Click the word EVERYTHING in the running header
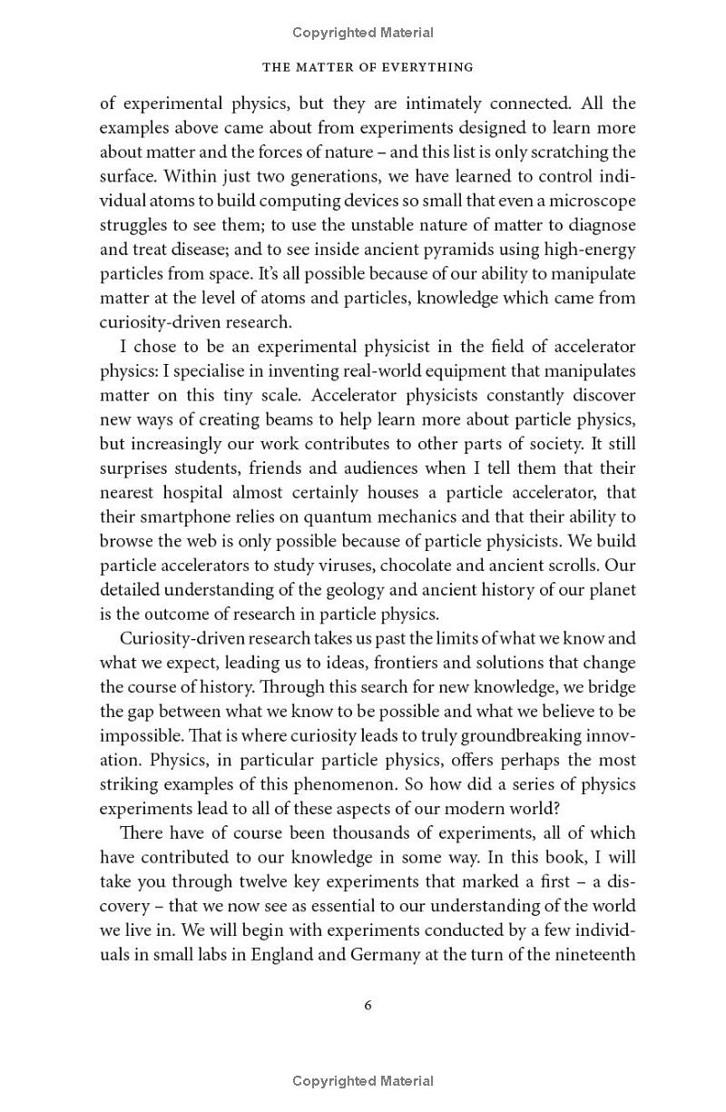coord(422,67)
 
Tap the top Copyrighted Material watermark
coord(363,33)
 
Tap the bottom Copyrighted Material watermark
coord(363,1081)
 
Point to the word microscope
coord(590,200)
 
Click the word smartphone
coord(180,517)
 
